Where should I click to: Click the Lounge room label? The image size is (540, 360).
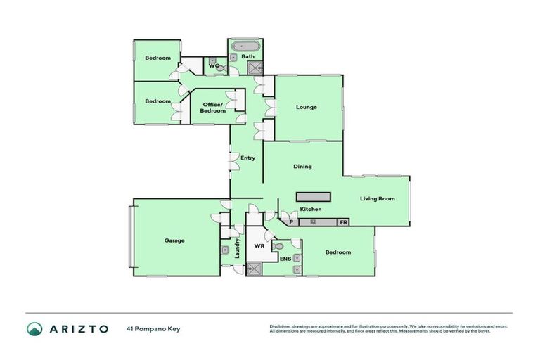click(x=306, y=108)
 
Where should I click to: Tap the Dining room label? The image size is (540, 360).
click(x=302, y=167)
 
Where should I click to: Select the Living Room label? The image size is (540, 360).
click(x=377, y=198)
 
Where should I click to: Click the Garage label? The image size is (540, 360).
click(x=174, y=240)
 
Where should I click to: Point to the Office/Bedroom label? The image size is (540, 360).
click(x=213, y=108)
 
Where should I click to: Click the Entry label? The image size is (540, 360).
click(x=247, y=157)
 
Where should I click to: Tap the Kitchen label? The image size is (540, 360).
click(x=311, y=210)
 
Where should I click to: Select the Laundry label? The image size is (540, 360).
click(x=238, y=248)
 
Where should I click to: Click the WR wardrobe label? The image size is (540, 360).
click(x=259, y=246)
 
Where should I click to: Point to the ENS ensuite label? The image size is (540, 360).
click(x=285, y=259)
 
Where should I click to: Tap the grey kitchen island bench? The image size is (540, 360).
click(x=312, y=196)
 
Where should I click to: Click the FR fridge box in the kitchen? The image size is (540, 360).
click(x=343, y=222)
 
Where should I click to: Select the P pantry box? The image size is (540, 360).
click(x=291, y=222)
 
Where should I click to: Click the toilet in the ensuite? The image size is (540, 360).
click(x=279, y=247)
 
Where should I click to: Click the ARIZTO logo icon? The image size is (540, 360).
click(x=34, y=329)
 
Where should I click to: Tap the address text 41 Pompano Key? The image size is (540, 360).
click(x=153, y=328)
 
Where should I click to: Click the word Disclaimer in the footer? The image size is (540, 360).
click(x=281, y=326)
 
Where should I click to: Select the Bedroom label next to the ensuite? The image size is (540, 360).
click(x=337, y=252)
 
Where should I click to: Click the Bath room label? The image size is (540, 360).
click(x=247, y=56)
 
